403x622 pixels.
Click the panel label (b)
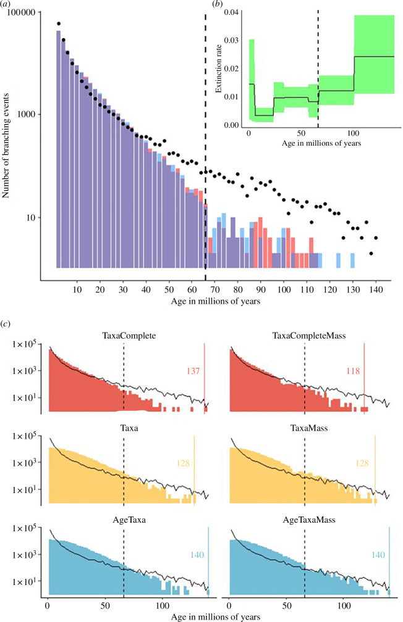(x=218, y=4)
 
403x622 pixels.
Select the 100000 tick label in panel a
(x=23, y=12)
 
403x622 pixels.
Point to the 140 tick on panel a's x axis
(x=376, y=289)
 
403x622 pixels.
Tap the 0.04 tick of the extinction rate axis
(x=231, y=12)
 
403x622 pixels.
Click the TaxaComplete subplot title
(x=129, y=336)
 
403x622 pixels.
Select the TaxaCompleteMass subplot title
(x=309, y=336)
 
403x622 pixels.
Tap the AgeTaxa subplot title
(x=129, y=520)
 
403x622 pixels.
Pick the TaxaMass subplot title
(x=309, y=428)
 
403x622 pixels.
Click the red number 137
(x=193, y=371)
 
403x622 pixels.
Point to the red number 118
(x=353, y=371)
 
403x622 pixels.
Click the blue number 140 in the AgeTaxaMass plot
(x=378, y=555)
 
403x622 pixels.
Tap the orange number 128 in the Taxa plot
(x=183, y=463)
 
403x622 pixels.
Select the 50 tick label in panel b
(x=301, y=133)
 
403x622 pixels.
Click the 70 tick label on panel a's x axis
(x=215, y=289)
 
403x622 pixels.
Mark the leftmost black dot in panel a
(x=59, y=24)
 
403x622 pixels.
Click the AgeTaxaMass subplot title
(x=309, y=520)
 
